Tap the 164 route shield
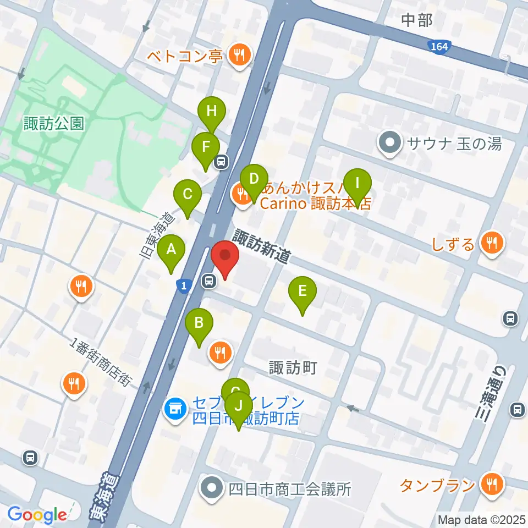[439, 47]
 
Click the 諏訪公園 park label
[54, 123]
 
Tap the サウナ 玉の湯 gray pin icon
[390, 144]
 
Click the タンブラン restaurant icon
[490, 483]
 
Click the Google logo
[37, 514]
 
